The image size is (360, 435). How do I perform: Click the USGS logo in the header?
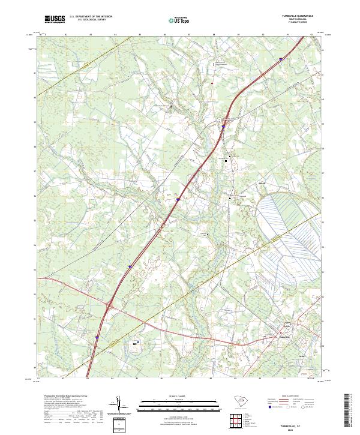pyautogui.click(x=55, y=19)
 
